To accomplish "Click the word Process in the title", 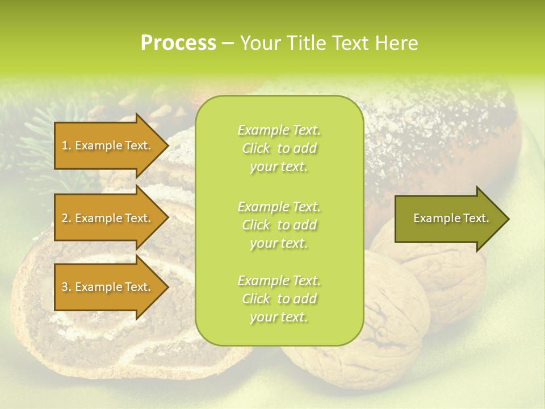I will pos(178,43).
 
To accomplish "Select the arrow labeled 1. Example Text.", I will pos(108,145).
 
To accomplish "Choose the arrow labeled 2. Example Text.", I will pos(108,218).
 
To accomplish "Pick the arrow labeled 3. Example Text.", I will pos(108,287).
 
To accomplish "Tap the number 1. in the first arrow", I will pos(66,145).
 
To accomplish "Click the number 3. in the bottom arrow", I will pos(66,287).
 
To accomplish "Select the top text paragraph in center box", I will pos(279,148).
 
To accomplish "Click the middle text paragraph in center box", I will pos(279,225).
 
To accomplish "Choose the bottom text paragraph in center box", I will pos(279,299).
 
